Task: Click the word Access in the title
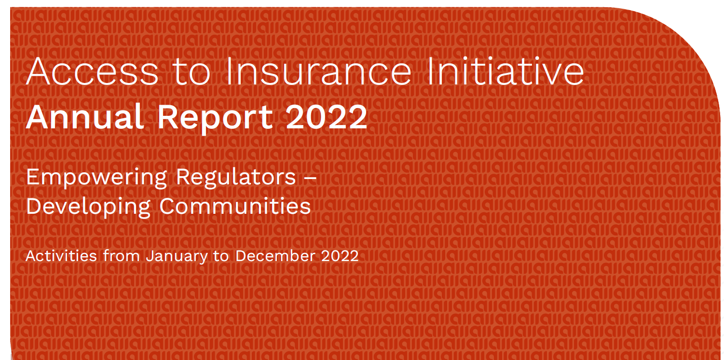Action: (x=92, y=71)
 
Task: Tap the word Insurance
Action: (x=319, y=71)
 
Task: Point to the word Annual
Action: (x=85, y=117)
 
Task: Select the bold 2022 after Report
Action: (x=327, y=117)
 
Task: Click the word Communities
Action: (x=235, y=206)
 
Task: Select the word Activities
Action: (x=61, y=256)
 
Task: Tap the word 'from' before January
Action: (x=122, y=256)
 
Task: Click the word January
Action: (x=177, y=257)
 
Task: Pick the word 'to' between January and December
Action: (x=221, y=256)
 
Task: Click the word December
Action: (x=275, y=256)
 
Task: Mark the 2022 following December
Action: (x=340, y=256)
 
